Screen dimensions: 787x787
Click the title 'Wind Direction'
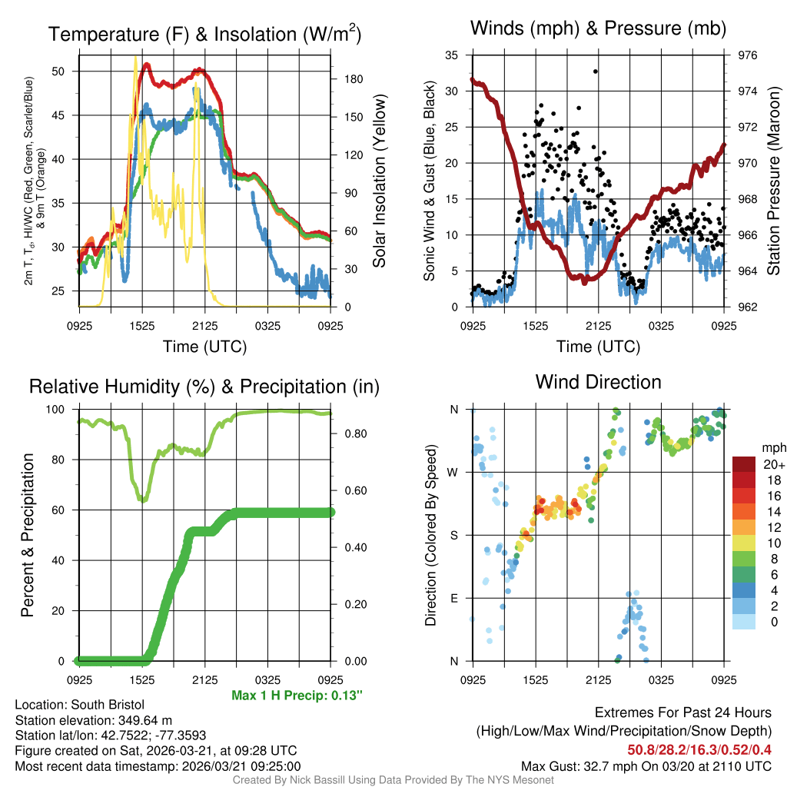coord(598,382)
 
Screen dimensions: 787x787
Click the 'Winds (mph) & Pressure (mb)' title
coord(598,29)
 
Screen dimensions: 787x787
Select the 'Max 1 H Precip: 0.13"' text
coord(297,696)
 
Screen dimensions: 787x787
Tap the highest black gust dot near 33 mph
coord(595,71)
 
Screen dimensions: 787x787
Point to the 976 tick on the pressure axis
coord(748,55)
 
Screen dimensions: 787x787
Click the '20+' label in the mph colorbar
coord(772,465)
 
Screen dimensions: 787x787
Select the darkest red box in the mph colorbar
coord(744,465)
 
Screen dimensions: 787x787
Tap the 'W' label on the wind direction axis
coord(453,472)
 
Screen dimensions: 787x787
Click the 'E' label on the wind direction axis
coord(453,598)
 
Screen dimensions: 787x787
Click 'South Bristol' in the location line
coord(108,705)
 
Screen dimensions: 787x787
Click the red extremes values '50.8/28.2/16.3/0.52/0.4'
coord(699,749)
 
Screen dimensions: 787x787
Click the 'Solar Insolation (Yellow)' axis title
coord(379,181)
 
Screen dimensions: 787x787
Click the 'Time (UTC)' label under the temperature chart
coord(204,347)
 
